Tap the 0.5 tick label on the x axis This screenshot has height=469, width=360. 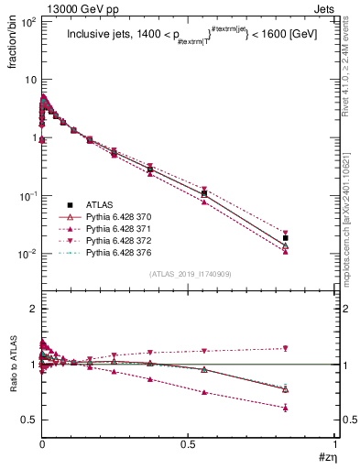click(190, 443)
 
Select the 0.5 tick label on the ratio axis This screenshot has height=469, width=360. click(28, 420)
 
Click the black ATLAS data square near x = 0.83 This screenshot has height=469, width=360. click(286, 238)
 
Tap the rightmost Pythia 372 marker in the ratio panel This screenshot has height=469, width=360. click(286, 348)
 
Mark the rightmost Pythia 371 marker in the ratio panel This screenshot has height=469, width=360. click(286, 408)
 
